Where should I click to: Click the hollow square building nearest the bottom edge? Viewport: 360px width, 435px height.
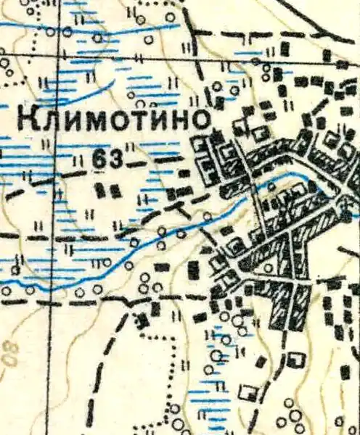click(248, 392)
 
